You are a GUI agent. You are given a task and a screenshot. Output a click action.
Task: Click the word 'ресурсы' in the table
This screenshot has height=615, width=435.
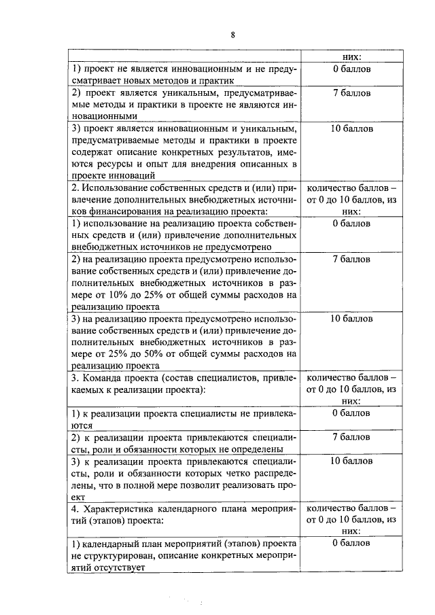(118, 163)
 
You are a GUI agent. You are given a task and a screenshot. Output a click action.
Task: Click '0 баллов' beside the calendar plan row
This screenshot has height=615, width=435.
(351, 543)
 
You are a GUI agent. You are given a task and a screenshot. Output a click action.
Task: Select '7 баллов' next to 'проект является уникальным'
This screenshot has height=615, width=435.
(351, 92)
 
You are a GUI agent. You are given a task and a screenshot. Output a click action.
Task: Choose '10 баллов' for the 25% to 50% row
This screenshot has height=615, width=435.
(351, 318)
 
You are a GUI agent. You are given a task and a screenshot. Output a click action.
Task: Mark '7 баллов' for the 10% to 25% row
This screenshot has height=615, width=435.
(351, 260)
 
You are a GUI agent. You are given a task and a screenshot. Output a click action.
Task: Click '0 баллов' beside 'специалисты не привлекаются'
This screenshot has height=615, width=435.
(351, 412)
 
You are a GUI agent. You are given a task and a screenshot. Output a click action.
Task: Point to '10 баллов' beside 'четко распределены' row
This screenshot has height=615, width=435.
(351, 461)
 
